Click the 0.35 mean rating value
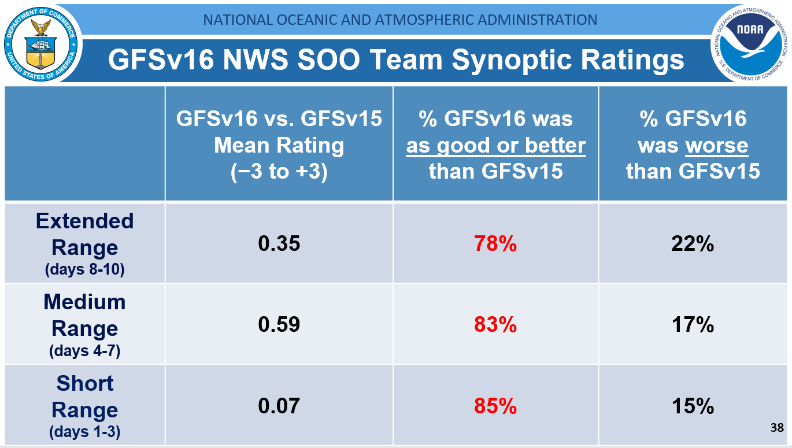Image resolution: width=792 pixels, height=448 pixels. (279, 244)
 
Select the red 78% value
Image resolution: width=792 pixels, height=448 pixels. (495, 244)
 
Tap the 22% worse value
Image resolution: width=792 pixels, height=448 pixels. (693, 244)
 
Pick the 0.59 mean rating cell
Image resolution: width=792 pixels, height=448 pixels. (279, 324)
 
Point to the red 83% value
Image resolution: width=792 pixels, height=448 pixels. (495, 325)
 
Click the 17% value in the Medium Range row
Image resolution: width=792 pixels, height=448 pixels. (693, 325)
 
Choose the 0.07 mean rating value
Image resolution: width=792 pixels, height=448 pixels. (279, 406)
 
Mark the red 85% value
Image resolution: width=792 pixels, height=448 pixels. (495, 406)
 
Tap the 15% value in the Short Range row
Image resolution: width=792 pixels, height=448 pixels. (693, 406)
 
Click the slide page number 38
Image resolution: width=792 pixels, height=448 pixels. (777, 428)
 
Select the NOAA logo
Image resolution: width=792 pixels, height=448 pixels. (750, 42)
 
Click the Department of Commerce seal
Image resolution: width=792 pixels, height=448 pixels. (40, 42)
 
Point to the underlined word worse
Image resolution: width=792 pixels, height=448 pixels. (716, 146)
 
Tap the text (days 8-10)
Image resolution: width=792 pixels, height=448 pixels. (85, 269)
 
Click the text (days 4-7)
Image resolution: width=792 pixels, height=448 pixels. (85, 350)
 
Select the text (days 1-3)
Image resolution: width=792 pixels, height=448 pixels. (85, 431)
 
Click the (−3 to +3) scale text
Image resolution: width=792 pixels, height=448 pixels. (279, 171)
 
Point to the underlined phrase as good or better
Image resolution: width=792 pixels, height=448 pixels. (495, 146)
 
